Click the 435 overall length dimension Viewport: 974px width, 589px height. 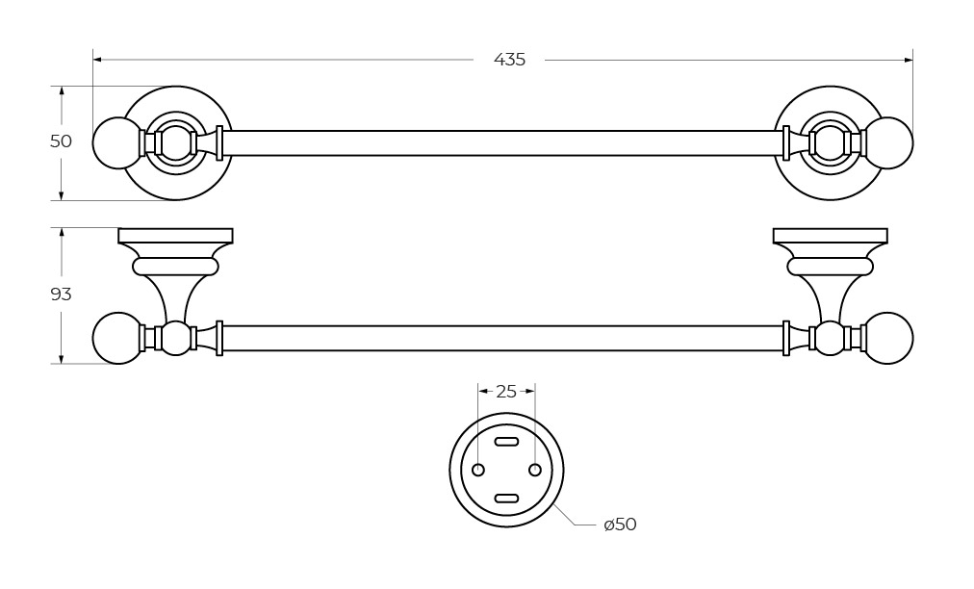coord(509,60)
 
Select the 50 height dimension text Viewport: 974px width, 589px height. coord(61,141)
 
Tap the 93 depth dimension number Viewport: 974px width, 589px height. coord(61,294)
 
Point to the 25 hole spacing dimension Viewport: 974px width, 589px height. coord(506,392)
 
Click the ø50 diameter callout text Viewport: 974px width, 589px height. coord(620,525)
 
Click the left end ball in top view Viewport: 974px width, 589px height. coord(117,143)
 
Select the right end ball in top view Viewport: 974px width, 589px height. coord(888,143)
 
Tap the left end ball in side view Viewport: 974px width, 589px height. coord(117,338)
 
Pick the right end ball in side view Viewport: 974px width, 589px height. coord(888,338)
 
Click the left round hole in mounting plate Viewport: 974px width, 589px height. coord(478,470)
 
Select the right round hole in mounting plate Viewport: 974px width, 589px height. coord(535,470)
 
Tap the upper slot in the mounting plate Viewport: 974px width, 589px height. coord(506,442)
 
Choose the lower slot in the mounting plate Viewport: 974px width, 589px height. coord(506,499)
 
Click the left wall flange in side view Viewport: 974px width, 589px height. coord(175,236)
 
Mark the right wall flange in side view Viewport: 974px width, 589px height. coord(830,236)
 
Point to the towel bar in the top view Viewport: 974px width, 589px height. coord(500,143)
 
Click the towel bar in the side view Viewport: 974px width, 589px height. coord(500,338)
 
